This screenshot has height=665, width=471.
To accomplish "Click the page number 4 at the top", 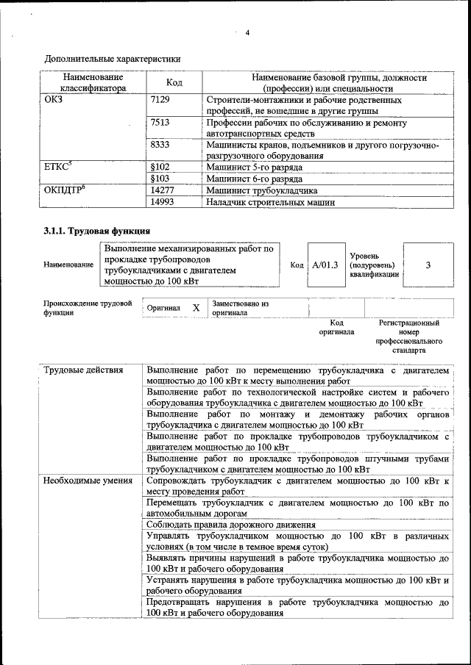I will pyautogui.click(x=247, y=32).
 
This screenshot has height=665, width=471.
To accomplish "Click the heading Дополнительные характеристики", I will pyautogui.click(x=113, y=59).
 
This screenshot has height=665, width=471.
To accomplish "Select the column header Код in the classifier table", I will pyautogui.click(x=174, y=83).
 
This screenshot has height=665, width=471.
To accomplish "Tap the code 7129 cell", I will pyautogui.click(x=160, y=99).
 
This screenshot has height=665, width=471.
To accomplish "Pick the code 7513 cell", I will pyautogui.click(x=160, y=123).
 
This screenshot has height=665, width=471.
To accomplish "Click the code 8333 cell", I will pyautogui.click(x=160, y=145).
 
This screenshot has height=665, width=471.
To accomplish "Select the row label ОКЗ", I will pyautogui.click(x=54, y=99).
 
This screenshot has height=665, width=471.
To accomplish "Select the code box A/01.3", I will pyautogui.click(x=324, y=265).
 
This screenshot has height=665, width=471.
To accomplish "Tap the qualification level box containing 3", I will pyautogui.click(x=428, y=265).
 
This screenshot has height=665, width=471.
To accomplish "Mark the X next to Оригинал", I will pyautogui.click(x=196, y=308).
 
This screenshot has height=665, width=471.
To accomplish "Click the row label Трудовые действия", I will pyautogui.click(x=83, y=370).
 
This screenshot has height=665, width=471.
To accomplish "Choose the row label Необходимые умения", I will pyautogui.click(x=87, y=481).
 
